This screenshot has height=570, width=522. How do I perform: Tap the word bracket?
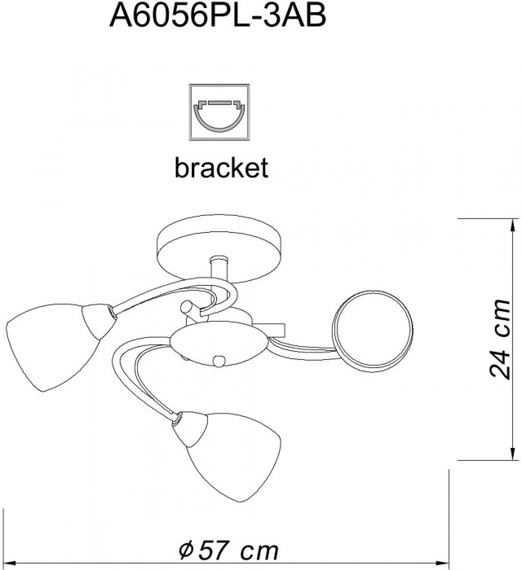point(220,168)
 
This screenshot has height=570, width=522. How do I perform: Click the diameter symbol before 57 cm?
point(186,547)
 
